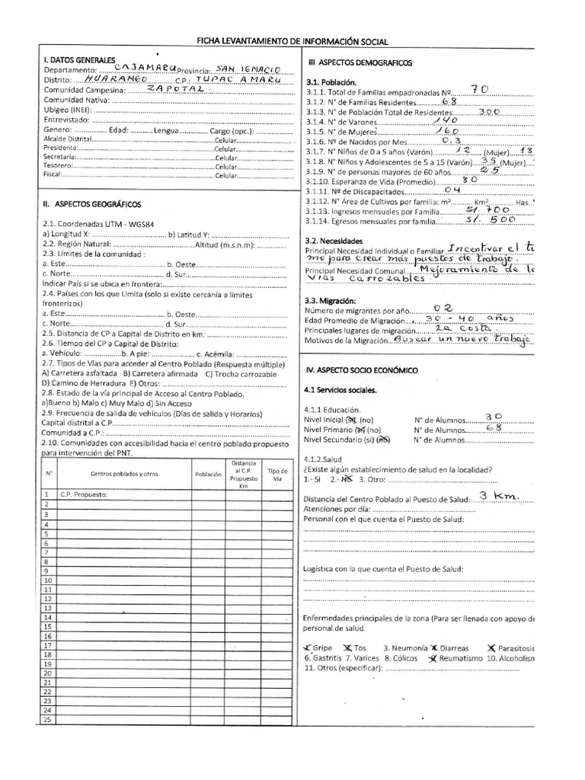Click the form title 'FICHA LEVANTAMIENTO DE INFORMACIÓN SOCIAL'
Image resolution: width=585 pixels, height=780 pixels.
[x=292, y=42]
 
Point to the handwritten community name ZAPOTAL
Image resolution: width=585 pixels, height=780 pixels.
[x=175, y=88]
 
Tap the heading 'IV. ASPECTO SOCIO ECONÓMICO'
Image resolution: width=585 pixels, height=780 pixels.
[x=362, y=369]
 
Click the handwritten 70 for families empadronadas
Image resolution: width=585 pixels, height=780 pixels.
[x=481, y=89]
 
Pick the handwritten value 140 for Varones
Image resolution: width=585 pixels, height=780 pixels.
[x=445, y=120]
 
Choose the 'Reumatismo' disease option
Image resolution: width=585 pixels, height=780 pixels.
[x=459, y=657]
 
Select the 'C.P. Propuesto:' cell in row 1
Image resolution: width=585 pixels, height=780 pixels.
[x=81, y=494]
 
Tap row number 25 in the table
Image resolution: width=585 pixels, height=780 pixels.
[x=47, y=719]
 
